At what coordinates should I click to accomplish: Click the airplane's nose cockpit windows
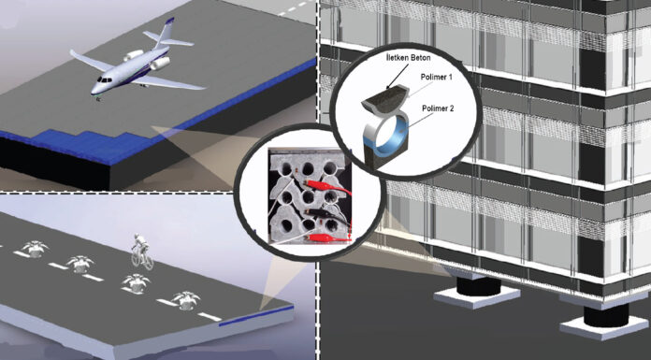(103, 79)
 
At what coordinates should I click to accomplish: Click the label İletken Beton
(407, 58)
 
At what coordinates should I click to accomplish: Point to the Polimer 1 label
(437, 78)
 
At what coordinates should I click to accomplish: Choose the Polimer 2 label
(438, 108)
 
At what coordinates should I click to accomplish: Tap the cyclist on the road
(141, 252)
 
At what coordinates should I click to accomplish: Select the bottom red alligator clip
(328, 238)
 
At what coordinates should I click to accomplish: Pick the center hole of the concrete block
(308, 196)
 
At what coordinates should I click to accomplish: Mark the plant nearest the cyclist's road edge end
(185, 300)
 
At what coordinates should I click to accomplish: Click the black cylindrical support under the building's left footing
(478, 286)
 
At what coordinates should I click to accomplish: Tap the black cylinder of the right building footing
(606, 316)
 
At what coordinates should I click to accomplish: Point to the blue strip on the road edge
(255, 315)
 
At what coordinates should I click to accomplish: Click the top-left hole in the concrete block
(286, 168)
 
